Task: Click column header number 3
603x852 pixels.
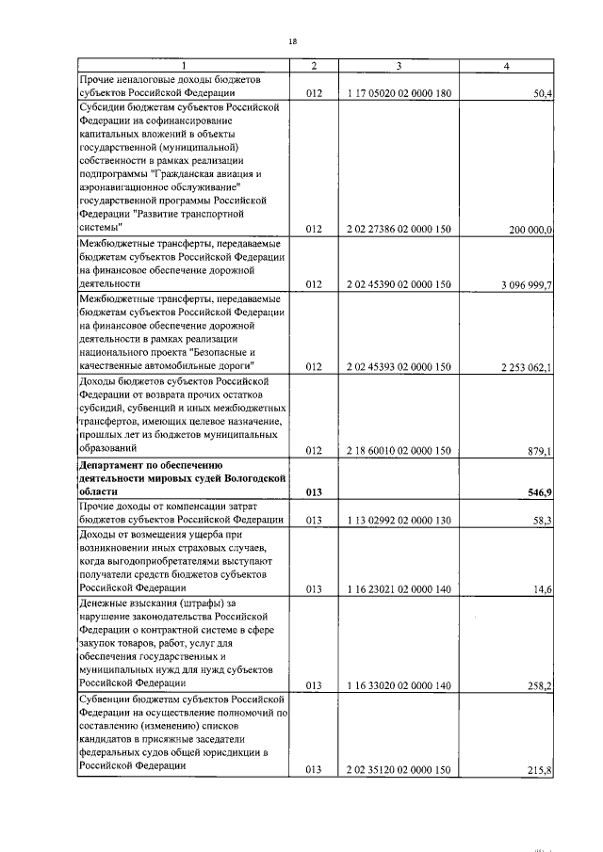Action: (399, 65)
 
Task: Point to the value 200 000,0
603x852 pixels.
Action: (529, 230)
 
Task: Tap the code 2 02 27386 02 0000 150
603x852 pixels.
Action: (399, 230)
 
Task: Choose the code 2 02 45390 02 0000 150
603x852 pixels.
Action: (399, 283)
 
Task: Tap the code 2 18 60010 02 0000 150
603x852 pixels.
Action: (399, 451)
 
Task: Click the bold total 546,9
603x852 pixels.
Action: (539, 492)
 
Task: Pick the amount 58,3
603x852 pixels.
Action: (542, 520)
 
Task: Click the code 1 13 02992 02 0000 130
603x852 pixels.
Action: (399, 520)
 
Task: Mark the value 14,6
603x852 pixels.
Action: (543, 588)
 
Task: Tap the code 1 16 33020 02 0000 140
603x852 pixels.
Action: (399, 684)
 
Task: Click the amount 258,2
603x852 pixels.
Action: (539, 684)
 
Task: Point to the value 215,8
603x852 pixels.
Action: (539, 768)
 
